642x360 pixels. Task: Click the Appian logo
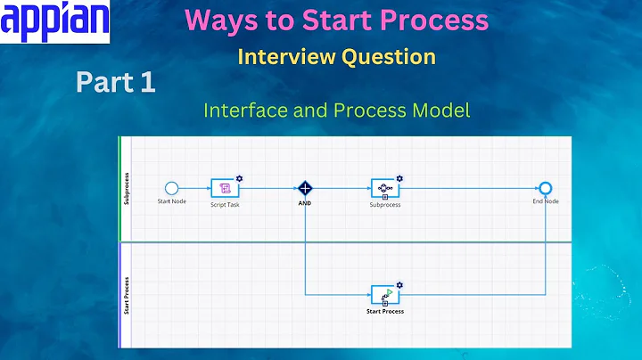tap(55, 22)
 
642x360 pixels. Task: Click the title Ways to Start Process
tap(336, 20)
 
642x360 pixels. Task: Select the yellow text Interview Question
tap(336, 56)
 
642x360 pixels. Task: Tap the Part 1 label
tap(115, 84)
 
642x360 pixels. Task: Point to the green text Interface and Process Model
tap(336, 110)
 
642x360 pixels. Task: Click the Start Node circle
tap(172, 188)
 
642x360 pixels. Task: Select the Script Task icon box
tap(225, 188)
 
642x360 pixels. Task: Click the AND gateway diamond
tap(305, 188)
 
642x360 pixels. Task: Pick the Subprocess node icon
tap(384, 188)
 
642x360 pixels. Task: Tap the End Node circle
tap(546, 188)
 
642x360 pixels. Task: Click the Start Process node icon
tap(385, 295)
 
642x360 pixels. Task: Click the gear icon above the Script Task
tap(240, 178)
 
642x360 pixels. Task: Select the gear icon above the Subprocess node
tap(399, 178)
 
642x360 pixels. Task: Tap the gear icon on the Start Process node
tap(399, 285)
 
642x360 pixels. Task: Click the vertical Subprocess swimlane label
tap(126, 189)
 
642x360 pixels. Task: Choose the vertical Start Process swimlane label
tap(126, 294)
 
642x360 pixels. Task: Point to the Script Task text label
tap(225, 205)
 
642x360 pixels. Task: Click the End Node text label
tap(546, 201)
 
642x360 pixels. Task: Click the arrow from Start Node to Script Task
tap(194, 188)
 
